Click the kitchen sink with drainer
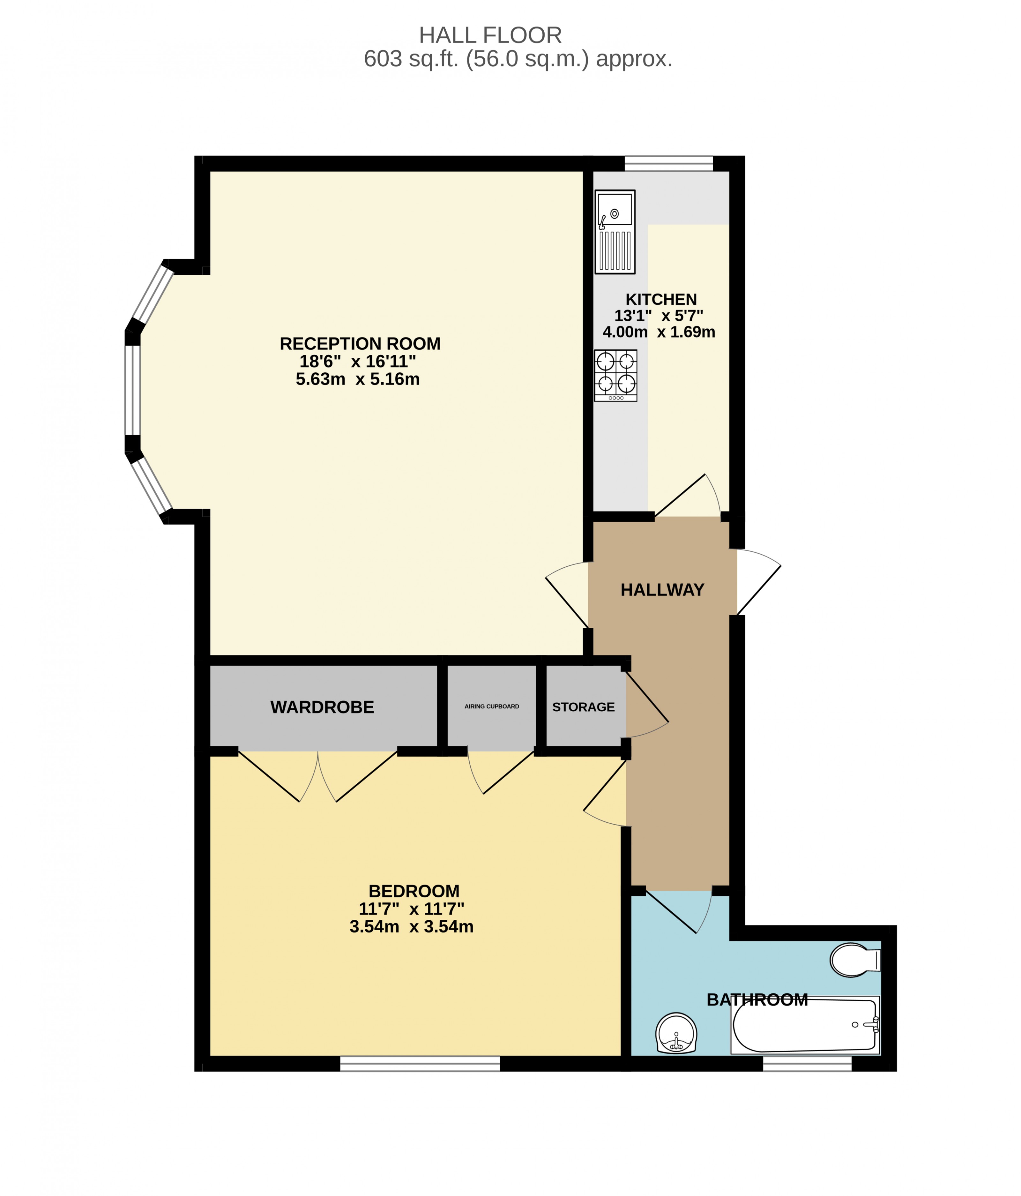tap(615, 231)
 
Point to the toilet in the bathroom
tap(853, 960)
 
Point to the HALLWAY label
tap(662, 590)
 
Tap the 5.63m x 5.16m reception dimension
tap(357, 379)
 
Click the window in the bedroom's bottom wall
tap(420, 1064)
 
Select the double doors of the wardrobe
tap(317, 776)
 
